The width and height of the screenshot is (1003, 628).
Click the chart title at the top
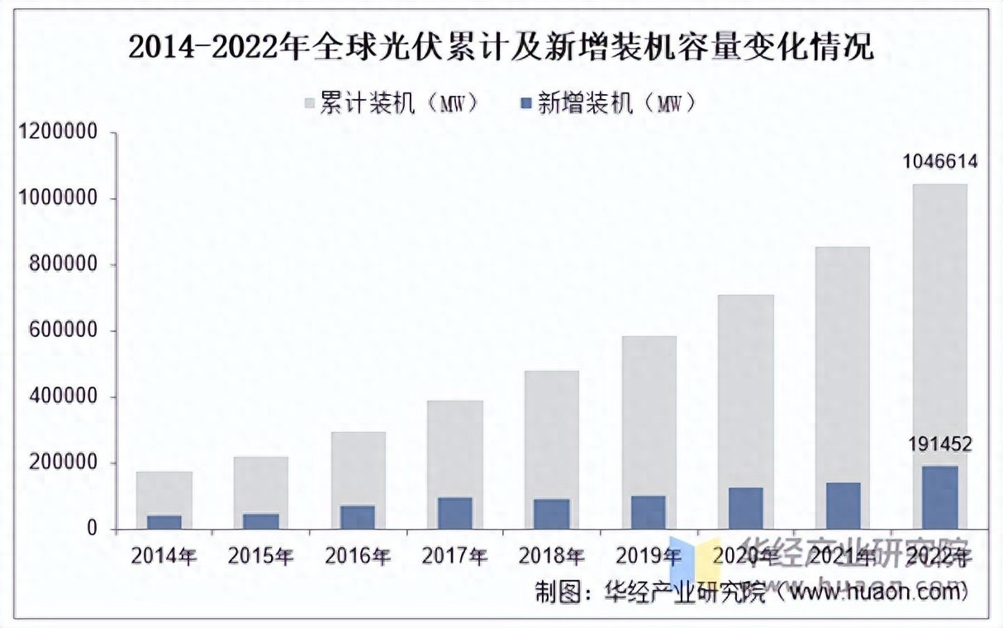(x=501, y=48)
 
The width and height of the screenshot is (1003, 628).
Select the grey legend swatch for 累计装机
(x=310, y=103)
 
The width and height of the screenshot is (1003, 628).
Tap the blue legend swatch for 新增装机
(x=525, y=103)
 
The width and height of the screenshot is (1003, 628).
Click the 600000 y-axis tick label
(x=69, y=331)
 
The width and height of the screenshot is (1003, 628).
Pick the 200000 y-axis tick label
(x=69, y=463)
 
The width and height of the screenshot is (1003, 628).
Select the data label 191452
(x=939, y=445)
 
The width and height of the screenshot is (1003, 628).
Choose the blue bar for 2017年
(x=454, y=512)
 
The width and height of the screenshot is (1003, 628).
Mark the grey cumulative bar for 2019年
(x=649, y=413)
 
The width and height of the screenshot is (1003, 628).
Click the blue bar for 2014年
(x=164, y=522)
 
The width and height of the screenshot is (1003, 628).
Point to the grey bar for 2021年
(x=842, y=364)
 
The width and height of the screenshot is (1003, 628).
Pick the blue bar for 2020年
(x=745, y=508)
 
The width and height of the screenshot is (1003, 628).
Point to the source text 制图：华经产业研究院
(x=649, y=592)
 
